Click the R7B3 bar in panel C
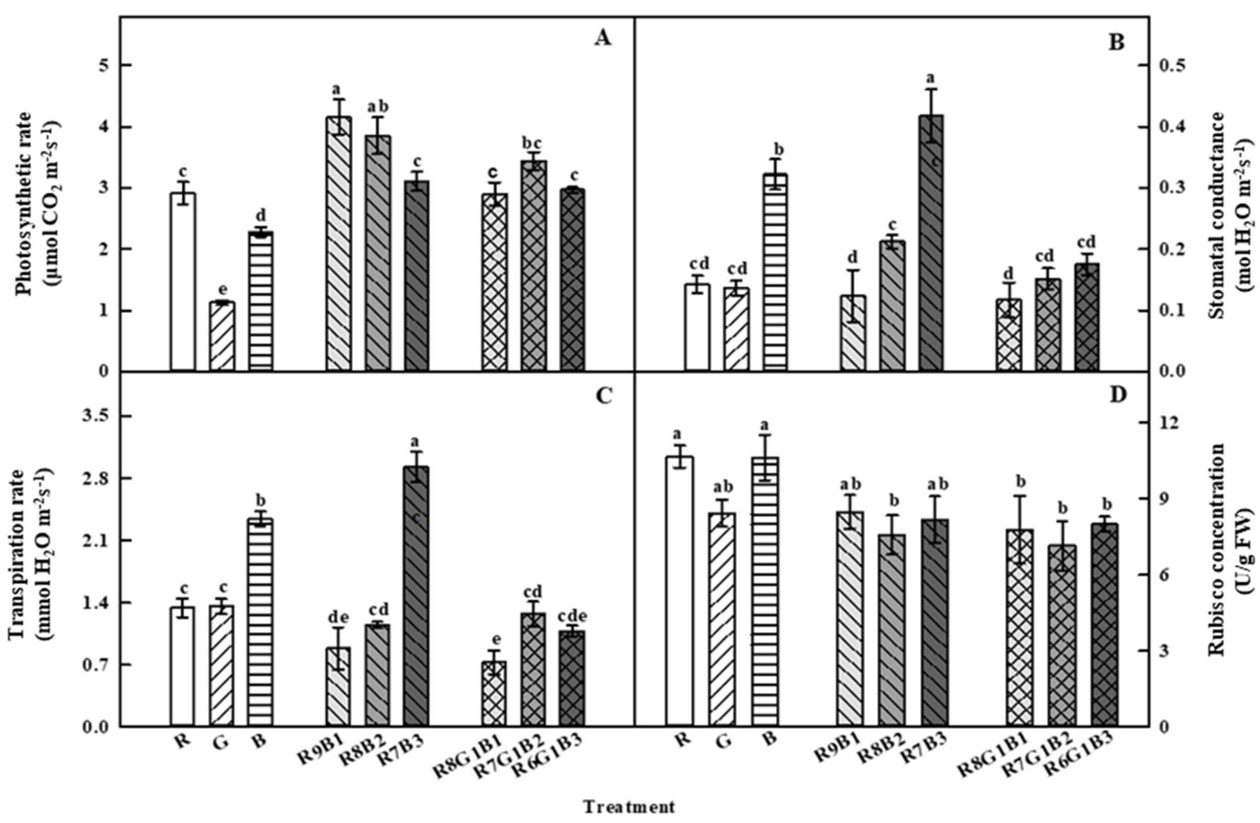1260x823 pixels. click(x=417, y=596)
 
